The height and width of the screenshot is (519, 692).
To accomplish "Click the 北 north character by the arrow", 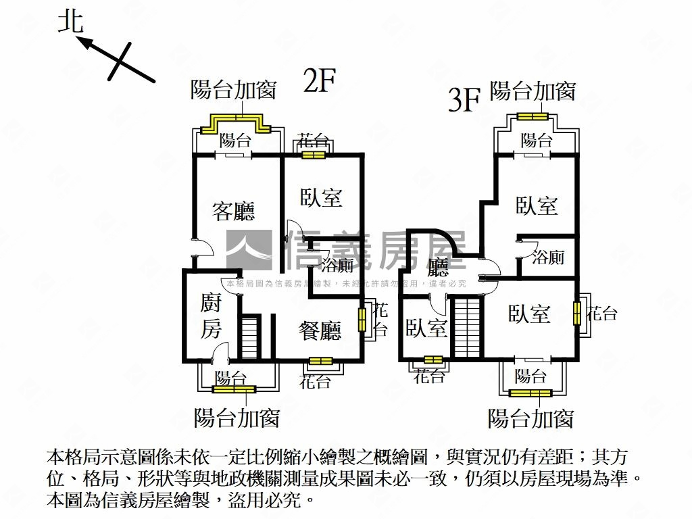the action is coord(71,22).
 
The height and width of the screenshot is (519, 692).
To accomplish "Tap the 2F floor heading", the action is coord(320,80).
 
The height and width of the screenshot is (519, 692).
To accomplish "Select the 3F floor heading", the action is coord(464,100).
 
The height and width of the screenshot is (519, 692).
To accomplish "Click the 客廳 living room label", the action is coord(233,211).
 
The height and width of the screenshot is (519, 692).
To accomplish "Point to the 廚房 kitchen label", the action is coord(211,316).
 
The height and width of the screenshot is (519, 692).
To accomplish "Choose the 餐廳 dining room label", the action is coord(320,330).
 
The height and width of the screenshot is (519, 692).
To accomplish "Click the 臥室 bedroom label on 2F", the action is coord(321,197).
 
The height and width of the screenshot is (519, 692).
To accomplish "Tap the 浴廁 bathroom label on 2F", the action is coord(337,265).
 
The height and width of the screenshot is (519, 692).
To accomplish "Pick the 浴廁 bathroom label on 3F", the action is coord(548,257).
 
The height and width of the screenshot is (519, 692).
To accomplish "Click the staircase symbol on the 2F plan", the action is coord(250,337).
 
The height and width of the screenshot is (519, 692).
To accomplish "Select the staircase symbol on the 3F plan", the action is coord(468,328).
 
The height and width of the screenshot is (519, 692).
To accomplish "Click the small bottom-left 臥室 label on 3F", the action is coord(427,329).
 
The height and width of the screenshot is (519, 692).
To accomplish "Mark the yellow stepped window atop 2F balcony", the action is coord(236,124).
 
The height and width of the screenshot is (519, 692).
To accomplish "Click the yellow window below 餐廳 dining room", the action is coord(321,362).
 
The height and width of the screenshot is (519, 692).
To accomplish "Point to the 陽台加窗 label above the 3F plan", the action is coord(533,91).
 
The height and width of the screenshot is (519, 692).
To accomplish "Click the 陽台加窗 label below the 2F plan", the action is coord(237,418).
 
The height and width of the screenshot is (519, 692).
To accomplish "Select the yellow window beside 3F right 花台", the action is coord(577,312).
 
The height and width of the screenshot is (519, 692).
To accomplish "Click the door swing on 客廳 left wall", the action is coord(204,247).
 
